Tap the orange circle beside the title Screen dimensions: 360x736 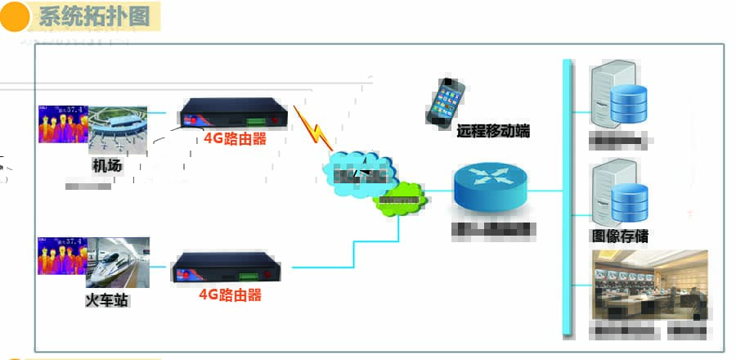pos(14,17)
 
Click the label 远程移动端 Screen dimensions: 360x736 pos(493,130)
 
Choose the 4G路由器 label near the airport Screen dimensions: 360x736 pos(236,139)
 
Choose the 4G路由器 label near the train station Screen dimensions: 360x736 pos(231,295)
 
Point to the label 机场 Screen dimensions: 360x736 pos(106,166)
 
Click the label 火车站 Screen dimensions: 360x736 pos(107,300)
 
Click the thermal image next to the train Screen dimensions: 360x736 pos(62,255)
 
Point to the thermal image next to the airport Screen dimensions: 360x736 pos(62,124)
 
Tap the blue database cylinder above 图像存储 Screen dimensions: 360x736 pos(631,196)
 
